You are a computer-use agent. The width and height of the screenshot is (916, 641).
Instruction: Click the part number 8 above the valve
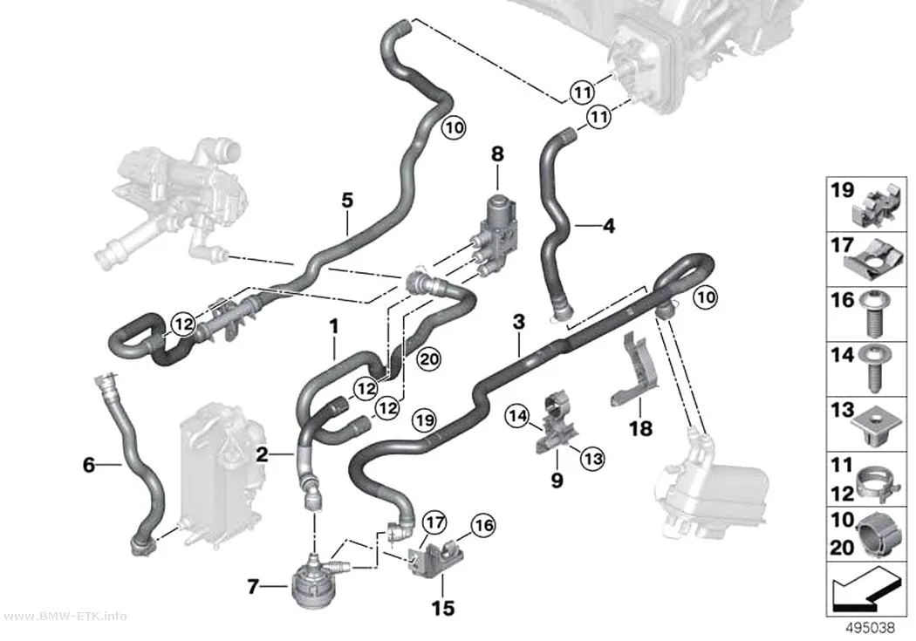point(497,154)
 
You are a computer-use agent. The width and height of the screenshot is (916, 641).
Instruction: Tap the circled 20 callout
point(428,359)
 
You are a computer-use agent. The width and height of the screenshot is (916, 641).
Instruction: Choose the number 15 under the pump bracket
point(443,609)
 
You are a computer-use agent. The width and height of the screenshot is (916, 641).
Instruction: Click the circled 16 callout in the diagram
point(483,525)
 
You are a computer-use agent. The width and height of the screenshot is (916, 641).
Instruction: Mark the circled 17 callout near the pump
point(434,522)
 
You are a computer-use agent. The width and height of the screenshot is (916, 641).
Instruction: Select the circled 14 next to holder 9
point(517,416)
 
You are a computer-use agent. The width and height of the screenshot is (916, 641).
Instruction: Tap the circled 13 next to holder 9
point(593,458)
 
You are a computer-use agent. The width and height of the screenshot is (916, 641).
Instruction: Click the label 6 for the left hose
point(88,466)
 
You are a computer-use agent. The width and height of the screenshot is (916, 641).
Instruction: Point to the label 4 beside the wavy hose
point(609,225)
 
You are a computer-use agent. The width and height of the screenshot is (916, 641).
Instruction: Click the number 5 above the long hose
point(347,201)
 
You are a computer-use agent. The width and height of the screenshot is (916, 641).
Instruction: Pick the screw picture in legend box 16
point(874,314)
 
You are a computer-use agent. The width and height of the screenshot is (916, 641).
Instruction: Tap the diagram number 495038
point(871,628)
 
